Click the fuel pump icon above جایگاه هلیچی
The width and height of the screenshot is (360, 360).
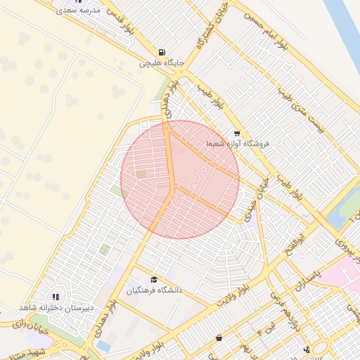click(x=163, y=52)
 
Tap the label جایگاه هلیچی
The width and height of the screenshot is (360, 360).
click(x=162, y=63)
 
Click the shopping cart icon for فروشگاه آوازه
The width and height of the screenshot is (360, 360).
click(x=237, y=133)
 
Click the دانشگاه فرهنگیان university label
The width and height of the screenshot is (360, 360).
click(x=154, y=290)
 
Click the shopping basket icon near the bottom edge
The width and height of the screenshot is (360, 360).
click(x=219, y=337)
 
